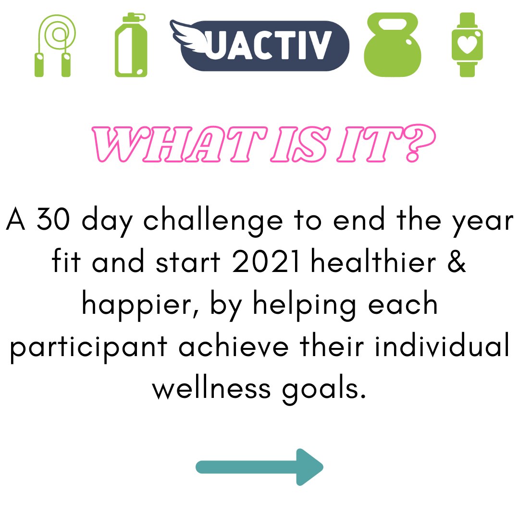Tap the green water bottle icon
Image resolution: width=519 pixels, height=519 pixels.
pyautogui.click(x=131, y=45)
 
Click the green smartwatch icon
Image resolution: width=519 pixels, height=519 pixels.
pyautogui.click(x=467, y=45)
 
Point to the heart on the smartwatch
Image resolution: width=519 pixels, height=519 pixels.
pyautogui.click(x=467, y=44)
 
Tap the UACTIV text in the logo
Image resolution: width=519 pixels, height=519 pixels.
pyautogui.click(x=269, y=46)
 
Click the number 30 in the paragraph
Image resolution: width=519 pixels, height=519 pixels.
pyautogui.click(x=53, y=219)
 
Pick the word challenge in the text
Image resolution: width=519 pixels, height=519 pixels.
pyautogui.click(x=213, y=221)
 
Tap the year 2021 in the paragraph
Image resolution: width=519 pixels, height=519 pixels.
pyautogui.click(x=266, y=261)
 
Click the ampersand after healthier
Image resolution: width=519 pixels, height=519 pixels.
pyautogui.click(x=457, y=261)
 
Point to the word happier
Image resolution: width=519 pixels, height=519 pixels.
pyautogui.click(x=140, y=305)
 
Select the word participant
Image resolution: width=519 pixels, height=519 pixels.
pyautogui.click(x=88, y=347)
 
